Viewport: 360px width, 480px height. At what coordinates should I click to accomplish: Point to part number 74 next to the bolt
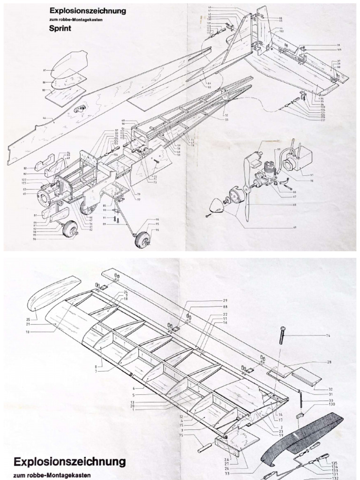click(328, 336)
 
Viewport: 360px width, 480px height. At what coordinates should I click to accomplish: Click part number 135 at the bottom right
click(334, 463)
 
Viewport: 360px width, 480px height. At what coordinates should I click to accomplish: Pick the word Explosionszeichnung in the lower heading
click(70, 462)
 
